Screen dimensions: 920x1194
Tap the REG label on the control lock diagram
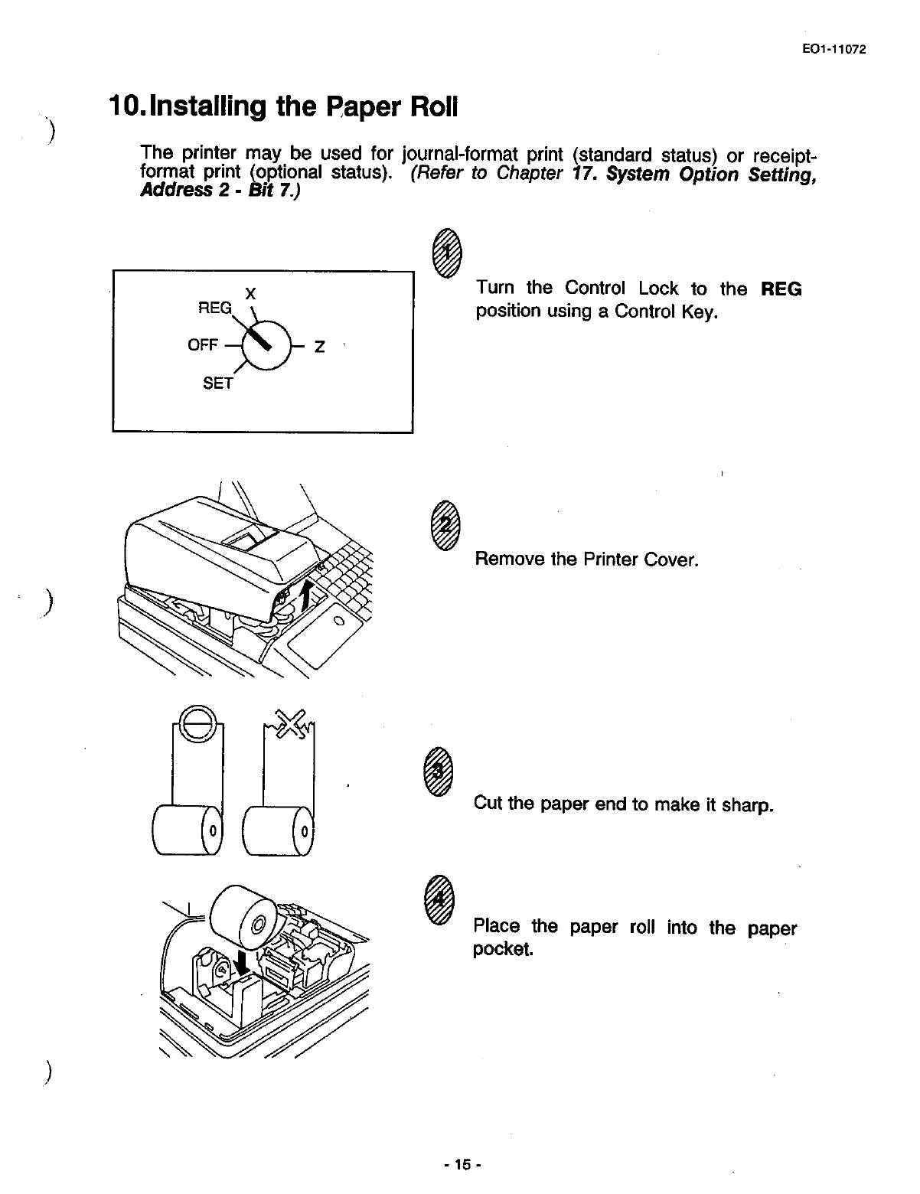coord(214,308)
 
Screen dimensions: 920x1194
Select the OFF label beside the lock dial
coord(203,345)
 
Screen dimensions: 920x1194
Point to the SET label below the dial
coord(217,383)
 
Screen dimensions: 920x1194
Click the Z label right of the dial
coord(320,347)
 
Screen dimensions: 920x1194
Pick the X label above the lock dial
coord(250,293)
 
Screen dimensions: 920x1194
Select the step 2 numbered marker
coord(443,524)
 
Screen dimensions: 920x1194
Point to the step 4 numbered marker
coord(439,899)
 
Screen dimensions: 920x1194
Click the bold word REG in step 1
coord(781,289)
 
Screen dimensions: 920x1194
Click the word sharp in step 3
coord(748,805)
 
